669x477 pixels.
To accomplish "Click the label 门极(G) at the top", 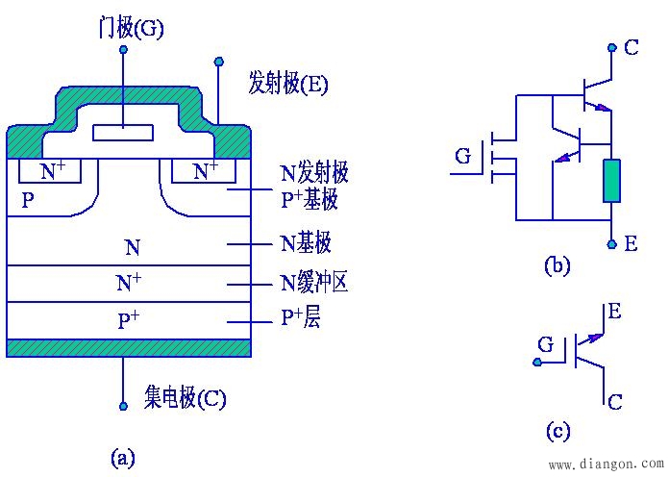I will (x=132, y=28).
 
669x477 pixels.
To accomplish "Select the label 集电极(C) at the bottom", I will (x=186, y=397).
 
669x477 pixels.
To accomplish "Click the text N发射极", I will (x=313, y=173).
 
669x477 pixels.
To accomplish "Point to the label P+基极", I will (x=313, y=200).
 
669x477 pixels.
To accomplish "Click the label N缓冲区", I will (x=313, y=283).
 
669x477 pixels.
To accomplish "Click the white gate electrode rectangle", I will (x=123, y=134).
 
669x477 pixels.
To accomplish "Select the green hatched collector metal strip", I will (x=129, y=347).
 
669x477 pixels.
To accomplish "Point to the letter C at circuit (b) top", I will (x=631, y=46).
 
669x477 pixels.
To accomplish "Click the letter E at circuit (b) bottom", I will (x=630, y=244).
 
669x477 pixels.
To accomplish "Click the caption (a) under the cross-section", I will (x=122, y=456).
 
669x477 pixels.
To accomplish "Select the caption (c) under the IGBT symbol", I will (x=557, y=431).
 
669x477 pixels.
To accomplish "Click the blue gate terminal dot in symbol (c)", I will (x=535, y=362).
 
